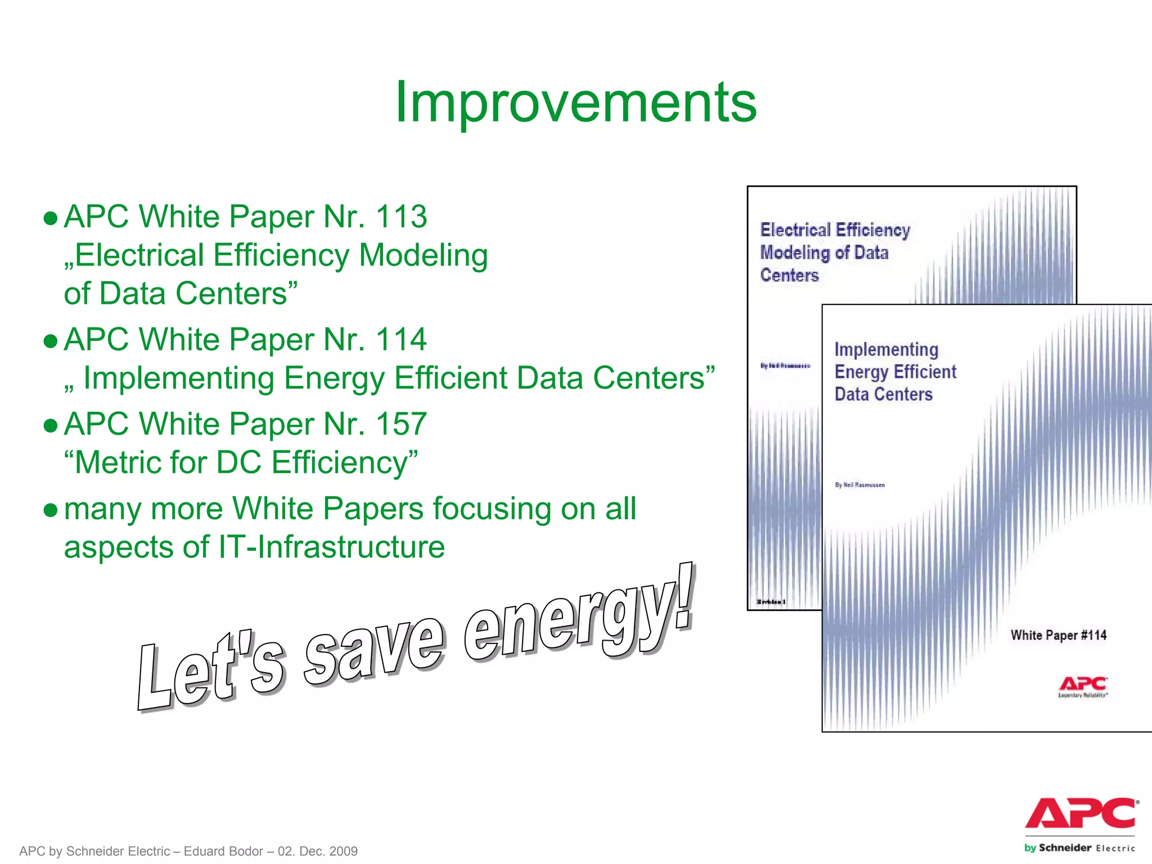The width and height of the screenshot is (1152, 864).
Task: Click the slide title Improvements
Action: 575,102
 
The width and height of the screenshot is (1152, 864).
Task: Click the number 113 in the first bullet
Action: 401,217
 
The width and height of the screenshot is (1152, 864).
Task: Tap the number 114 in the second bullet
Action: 401,339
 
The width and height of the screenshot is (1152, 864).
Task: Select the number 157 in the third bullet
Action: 401,424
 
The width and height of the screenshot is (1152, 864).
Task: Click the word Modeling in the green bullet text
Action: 423,255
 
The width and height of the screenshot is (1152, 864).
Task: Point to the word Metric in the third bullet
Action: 119,462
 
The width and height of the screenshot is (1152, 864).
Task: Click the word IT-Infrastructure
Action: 332,547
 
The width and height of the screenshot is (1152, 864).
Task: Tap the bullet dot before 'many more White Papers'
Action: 51,510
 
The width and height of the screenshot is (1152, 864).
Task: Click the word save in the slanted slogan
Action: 374,652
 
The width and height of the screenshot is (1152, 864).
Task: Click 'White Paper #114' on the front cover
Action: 1058,635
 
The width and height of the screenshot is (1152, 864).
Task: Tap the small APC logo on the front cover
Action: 1083,685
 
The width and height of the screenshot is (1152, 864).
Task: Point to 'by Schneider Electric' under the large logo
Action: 1079,848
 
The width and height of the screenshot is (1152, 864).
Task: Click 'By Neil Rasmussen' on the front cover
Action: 859,485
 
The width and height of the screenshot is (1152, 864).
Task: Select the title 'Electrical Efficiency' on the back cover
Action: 835,229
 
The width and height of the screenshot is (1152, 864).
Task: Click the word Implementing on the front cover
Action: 886,349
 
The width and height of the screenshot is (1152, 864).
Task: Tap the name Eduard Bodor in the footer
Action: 223,851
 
